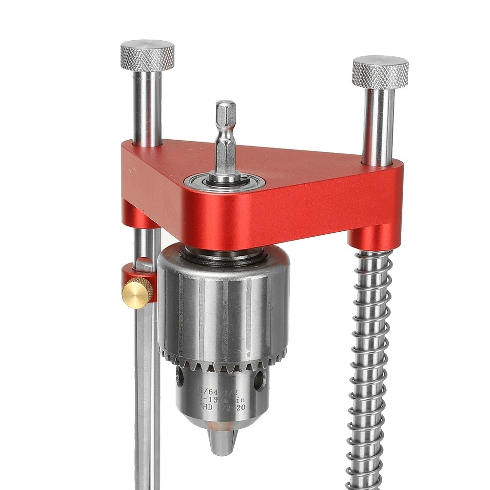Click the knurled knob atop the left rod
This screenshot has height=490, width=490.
[147, 55]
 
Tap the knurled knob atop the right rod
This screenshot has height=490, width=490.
[380, 72]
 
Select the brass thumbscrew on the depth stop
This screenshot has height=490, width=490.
[137, 293]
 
